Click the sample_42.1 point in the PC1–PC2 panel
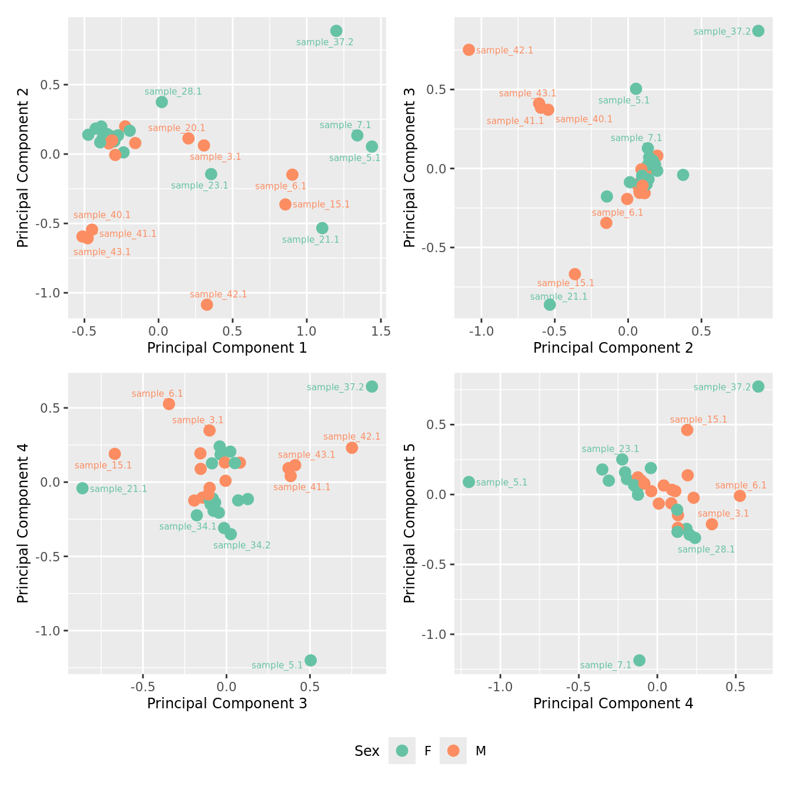207,304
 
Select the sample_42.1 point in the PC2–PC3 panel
468,50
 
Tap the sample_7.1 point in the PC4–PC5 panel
640,660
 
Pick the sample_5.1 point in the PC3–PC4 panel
310,660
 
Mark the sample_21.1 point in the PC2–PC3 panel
550,304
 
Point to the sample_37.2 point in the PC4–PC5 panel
758,386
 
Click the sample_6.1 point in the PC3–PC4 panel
169,404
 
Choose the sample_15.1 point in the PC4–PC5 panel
687,430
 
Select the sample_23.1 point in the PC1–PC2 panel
211,174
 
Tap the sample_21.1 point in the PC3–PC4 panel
82,488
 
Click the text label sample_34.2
242,545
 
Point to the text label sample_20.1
176,128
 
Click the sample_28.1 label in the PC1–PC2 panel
173,92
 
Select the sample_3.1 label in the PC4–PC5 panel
723,514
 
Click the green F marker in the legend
402,751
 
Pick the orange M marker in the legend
453,751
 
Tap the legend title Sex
367,751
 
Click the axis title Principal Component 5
410,523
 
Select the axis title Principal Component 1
227,348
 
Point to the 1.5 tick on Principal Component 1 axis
381,330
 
